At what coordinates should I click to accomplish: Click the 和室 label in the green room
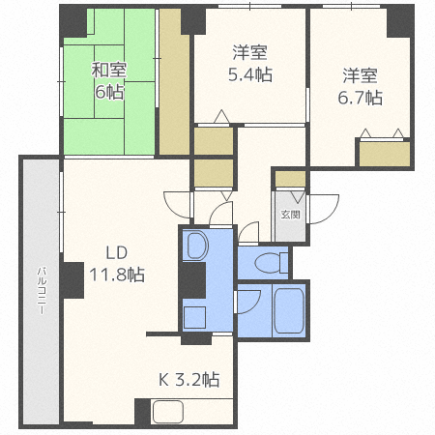108,71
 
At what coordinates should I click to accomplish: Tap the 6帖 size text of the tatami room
108,93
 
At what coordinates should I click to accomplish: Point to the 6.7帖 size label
361,98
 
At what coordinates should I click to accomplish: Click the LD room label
116,253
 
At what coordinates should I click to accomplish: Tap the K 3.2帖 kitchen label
188,378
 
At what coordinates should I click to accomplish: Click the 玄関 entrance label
290,215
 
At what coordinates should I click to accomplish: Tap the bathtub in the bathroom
289,310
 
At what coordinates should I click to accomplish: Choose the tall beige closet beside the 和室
174,82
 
